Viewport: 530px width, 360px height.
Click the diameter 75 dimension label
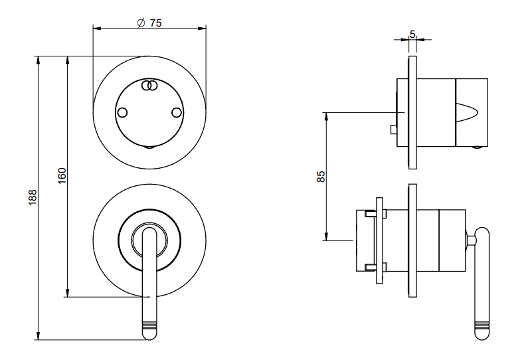point(149,23)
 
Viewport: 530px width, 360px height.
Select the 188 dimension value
point(33,197)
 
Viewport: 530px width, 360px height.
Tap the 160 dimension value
point(62,176)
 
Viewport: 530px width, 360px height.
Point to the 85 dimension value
point(321,177)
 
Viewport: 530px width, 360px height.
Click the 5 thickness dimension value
point(412,34)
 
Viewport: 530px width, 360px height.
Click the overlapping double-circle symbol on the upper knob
point(149,85)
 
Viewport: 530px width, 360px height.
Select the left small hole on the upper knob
point(122,112)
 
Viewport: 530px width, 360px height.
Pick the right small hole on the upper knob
point(177,112)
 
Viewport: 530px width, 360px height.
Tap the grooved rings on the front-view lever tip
point(149,325)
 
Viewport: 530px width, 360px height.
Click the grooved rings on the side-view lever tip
point(482,326)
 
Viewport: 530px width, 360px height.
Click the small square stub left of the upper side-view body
point(393,129)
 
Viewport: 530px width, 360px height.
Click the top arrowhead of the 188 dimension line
point(39,60)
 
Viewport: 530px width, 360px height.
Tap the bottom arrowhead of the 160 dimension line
point(68,293)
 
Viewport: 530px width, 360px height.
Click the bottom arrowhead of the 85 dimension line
point(326,236)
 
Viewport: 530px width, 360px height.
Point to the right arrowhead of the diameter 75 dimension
point(202,28)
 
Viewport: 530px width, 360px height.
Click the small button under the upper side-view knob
point(478,147)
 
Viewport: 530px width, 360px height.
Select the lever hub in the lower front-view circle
point(149,240)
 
